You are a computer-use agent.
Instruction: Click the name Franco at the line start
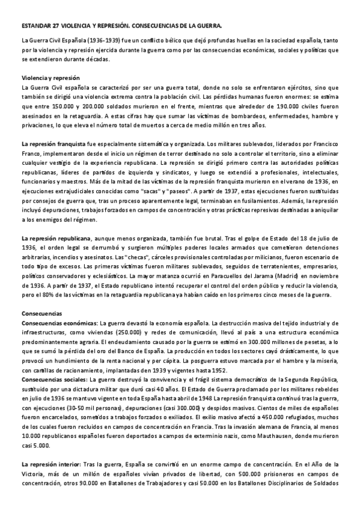tap(31, 153)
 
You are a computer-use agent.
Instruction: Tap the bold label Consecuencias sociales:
tap(53, 381)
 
